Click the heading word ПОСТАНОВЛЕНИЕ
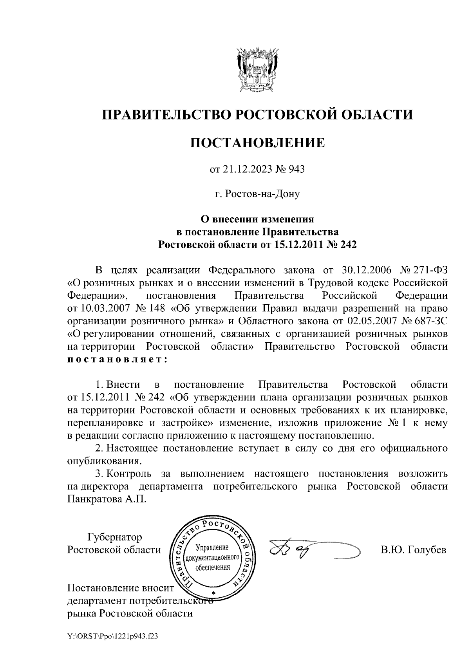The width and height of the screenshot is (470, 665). pyautogui.click(x=257, y=143)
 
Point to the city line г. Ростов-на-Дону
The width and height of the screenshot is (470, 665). pyautogui.click(x=257, y=194)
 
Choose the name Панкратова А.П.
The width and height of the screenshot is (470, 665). pyautogui.click(x=106, y=499)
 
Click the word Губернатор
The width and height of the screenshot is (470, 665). pyautogui.click(x=115, y=537)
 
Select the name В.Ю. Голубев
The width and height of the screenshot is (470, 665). pyautogui.click(x=414, y=550)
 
